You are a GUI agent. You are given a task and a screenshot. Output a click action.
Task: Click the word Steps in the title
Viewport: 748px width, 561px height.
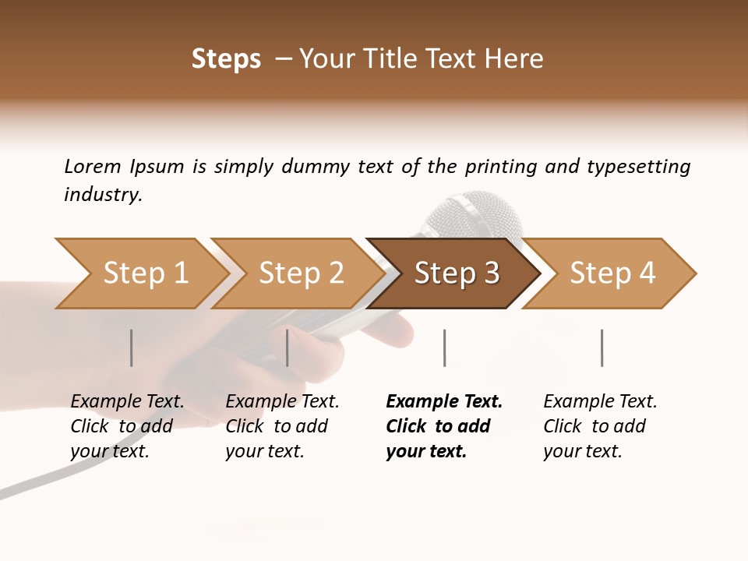coord(226,59)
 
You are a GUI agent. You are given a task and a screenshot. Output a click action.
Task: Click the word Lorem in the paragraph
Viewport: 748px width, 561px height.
coord(93,167)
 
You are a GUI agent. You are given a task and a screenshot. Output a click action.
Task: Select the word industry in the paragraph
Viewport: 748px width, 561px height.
coord(103,195)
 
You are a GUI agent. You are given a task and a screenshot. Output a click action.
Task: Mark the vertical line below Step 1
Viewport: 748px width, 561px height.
coord(131,348)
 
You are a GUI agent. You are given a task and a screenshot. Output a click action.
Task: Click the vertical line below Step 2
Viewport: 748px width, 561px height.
coord(288,348)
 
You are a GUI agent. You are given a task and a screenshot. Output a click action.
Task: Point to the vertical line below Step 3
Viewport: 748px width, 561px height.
coord(444,348)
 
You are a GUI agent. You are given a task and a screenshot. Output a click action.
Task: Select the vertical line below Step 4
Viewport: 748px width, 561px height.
coord(602,348)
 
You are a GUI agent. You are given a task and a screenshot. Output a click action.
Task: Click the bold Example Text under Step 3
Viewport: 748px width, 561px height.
coord(444,402)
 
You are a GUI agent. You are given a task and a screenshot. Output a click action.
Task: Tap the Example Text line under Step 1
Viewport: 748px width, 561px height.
coord(127,402)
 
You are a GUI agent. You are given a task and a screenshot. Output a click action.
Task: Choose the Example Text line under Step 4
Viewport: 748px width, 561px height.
coord(600,402)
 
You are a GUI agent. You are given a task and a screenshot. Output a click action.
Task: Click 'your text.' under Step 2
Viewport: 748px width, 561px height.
coord(264,452)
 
